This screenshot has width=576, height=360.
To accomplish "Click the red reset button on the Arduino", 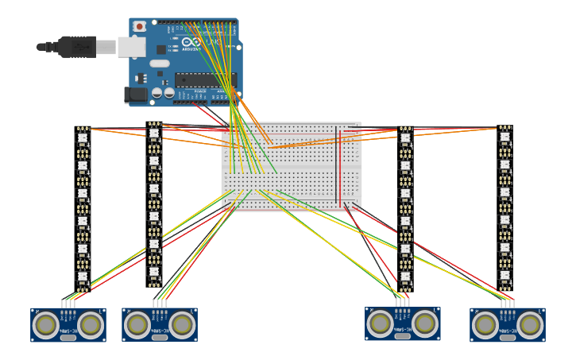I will pyautogui.click(x=140, y=26).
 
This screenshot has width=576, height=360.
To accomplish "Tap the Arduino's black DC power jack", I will pyautogui.click(x=136, y=95).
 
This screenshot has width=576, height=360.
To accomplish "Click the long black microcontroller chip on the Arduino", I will pyautogui.click(x=205, y=79).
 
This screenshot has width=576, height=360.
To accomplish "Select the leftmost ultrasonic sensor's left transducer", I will pyautogui.click(x=46, y=324).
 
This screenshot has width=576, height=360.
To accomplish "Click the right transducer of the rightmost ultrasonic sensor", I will pyautogui.click(x=530, y=324).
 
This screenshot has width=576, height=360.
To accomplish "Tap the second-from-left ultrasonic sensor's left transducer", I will pyautogui.click(x=137, y=324).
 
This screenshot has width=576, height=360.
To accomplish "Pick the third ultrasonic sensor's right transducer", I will pyautogui.click(x=425, y=323).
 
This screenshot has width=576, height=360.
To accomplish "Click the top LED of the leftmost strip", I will pyautogui.click(x=83, y=137).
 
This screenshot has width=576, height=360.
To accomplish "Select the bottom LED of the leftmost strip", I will pyautogui.click(x=83, y=276).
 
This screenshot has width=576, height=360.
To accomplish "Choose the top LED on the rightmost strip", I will pyautogui.click(x=504, y=137).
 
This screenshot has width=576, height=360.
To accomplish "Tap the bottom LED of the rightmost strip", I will pyautogui.click(x=504, y=275).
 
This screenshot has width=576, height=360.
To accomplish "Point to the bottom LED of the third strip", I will pyautogui.click(x=405, y=277).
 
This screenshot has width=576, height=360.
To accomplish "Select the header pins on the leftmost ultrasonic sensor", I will pyautogui.click(x=68, y=304).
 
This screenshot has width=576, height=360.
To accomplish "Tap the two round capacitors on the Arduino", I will pyautogui.click(x=163, y=93).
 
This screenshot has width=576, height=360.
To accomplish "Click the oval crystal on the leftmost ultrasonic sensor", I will pyautogui.click(x=68, y=338).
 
